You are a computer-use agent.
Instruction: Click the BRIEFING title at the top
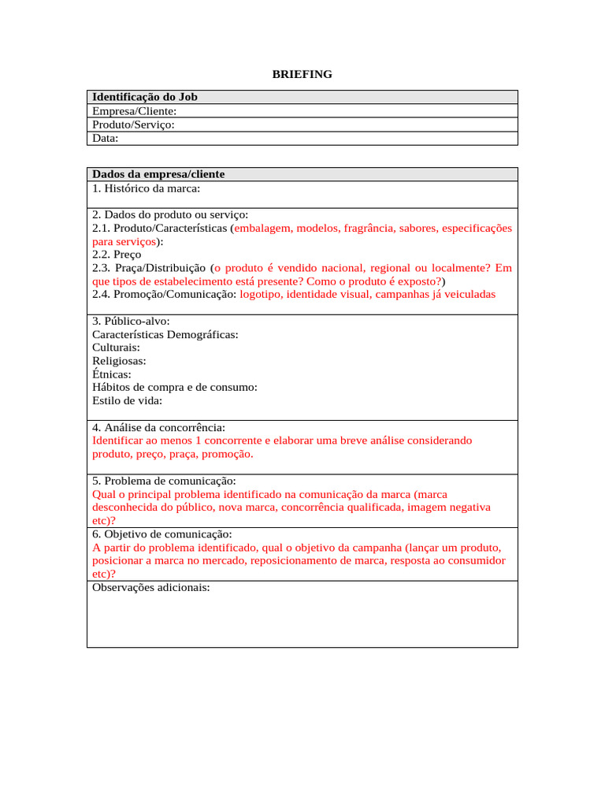pos(302,74)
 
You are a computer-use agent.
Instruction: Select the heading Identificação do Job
pos(144,97)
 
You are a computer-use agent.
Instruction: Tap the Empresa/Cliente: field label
pos(134,111)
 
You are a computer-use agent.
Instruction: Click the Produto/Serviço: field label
pos(133,125)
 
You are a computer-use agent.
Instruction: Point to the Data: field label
pos(105,138)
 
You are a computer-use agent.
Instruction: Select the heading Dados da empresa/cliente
pos(158,174)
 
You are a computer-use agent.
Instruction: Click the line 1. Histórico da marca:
pos(146,188)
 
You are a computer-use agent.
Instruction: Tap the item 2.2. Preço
pos(117,255)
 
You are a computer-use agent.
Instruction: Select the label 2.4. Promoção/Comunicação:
pos(164,294)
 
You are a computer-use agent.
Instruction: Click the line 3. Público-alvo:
pos(131,321)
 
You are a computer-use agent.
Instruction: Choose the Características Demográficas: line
pos(165,334)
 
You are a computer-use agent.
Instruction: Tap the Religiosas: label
pos(119,361)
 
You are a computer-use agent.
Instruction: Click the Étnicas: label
pos(112,374)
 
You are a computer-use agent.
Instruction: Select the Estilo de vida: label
pos(128,400)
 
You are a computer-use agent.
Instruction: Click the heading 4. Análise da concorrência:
pos(158,427)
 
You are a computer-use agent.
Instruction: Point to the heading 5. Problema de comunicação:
pos(164,481)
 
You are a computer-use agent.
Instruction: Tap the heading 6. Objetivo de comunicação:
pos(161,534)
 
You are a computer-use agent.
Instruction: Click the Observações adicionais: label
pos(151,587)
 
